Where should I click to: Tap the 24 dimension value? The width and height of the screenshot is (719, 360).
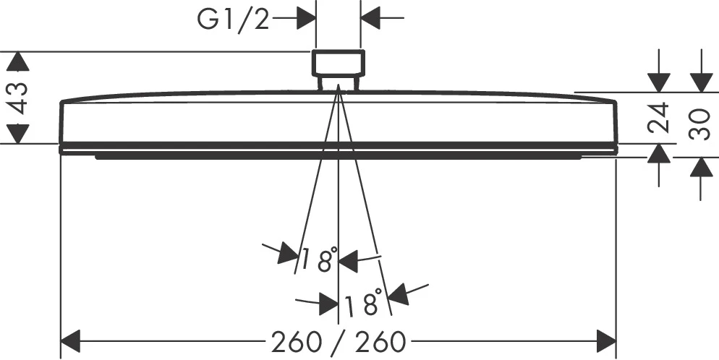click(x=658, y=118)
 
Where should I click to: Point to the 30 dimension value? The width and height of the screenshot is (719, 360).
click(x=700, y=124)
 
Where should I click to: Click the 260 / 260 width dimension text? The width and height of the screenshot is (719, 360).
click(x=339, y=342)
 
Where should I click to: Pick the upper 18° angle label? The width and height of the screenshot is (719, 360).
click(x=319, y=260)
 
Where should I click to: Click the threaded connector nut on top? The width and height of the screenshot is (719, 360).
click(x=339, y=63)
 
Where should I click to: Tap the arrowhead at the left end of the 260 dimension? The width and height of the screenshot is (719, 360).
click(x=71, y=341)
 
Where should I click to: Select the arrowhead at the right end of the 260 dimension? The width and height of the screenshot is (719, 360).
click(x=606, y=341)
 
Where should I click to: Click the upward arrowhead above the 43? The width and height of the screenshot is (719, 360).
click(x=18, y=61)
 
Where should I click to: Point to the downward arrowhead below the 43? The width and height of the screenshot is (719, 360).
click(x=18, y=134)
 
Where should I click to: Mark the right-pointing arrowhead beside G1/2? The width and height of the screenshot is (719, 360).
click(x=306, y=18)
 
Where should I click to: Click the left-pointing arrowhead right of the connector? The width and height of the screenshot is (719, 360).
click(x=370, y=18)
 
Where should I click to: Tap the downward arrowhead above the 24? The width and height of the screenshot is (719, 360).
click(x=659, y=82)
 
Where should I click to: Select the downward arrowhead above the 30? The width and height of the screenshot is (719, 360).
click(x=701, y=82)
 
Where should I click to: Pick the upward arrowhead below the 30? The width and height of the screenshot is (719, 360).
click(x=701, y=167)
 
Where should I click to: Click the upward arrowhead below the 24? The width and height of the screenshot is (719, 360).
click(x=659, y=153)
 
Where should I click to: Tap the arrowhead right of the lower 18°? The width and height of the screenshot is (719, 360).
click(x=398, y=294)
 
